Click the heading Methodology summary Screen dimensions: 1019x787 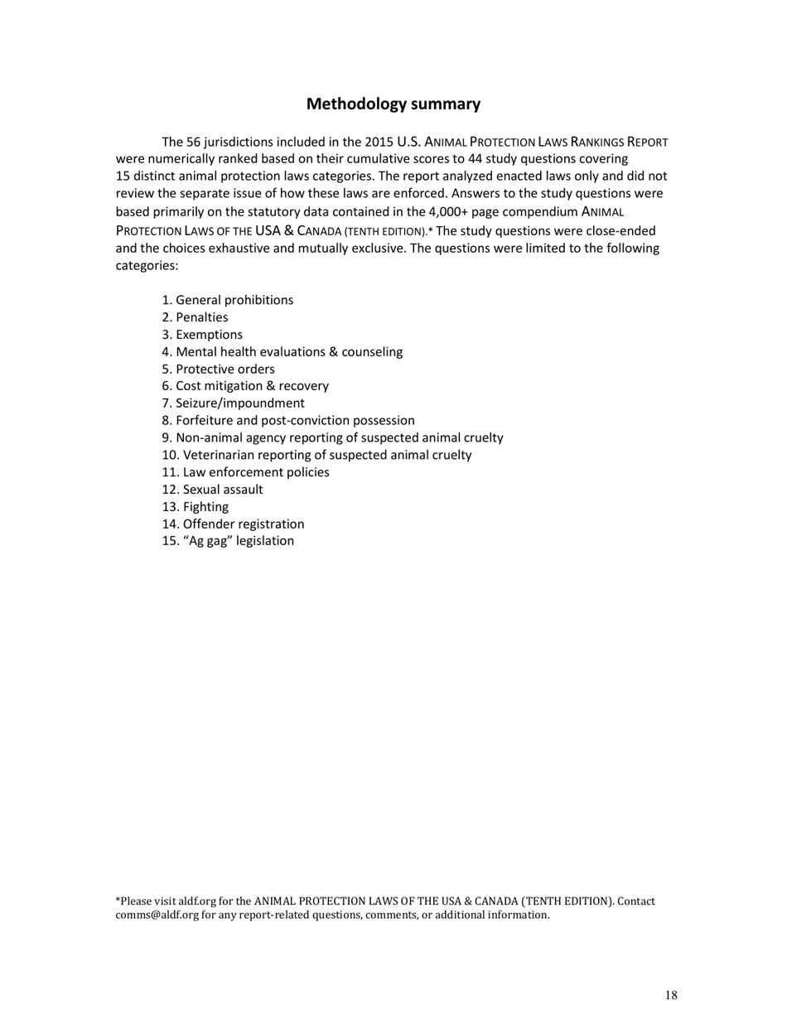point(393,104)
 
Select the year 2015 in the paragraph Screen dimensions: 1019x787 point(379,142)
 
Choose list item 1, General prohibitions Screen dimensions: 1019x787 point(228,300)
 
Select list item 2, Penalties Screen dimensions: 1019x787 point(195,317)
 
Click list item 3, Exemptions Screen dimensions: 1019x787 point(202,335)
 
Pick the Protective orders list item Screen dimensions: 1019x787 point(218,369)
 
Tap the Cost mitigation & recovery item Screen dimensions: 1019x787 point(245,386)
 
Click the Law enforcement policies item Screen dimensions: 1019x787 point(245,472)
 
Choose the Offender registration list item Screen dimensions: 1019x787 point(233,524)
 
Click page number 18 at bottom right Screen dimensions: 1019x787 point(671,996)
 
